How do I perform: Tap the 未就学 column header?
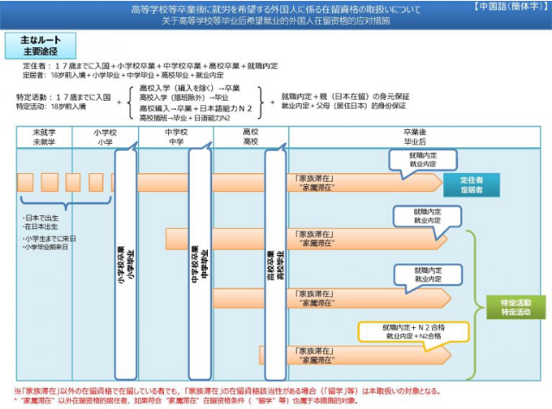coord(44,137)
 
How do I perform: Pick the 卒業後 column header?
coord(415,137)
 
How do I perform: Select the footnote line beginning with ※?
coord(259,390)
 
